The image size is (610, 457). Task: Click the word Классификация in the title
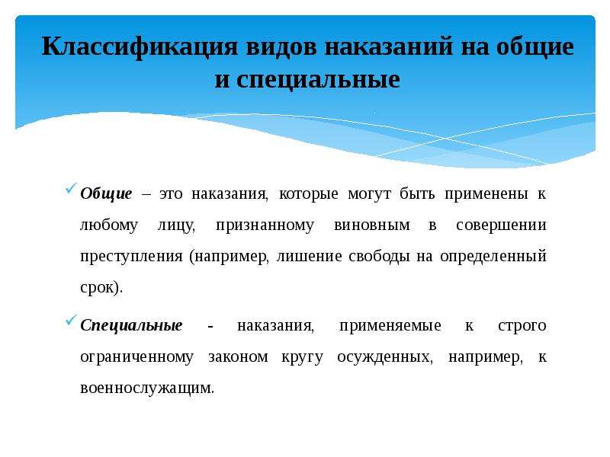(140, 47)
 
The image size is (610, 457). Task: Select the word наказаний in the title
(389, 46)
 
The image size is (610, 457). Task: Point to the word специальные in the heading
(318, 80)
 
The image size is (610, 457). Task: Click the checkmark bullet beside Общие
(71, 188)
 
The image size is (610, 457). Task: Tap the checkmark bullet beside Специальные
(71, 320)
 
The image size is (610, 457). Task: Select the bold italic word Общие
(106, 194)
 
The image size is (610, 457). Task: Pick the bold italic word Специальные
(131, 326)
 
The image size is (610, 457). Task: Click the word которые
(309, 194)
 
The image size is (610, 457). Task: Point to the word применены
(486, 194)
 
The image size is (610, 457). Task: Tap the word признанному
(265, 225)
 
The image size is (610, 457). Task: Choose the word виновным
(372, 225)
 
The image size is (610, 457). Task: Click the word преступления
(131, 257)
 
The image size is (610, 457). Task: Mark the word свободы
(379, 256)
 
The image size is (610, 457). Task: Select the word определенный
(493, 257)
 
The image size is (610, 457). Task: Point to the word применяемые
(390, 326)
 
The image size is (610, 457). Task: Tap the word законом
(238, 357)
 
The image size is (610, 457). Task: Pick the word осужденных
(385, 357)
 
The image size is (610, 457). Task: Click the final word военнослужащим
(146, 388)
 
